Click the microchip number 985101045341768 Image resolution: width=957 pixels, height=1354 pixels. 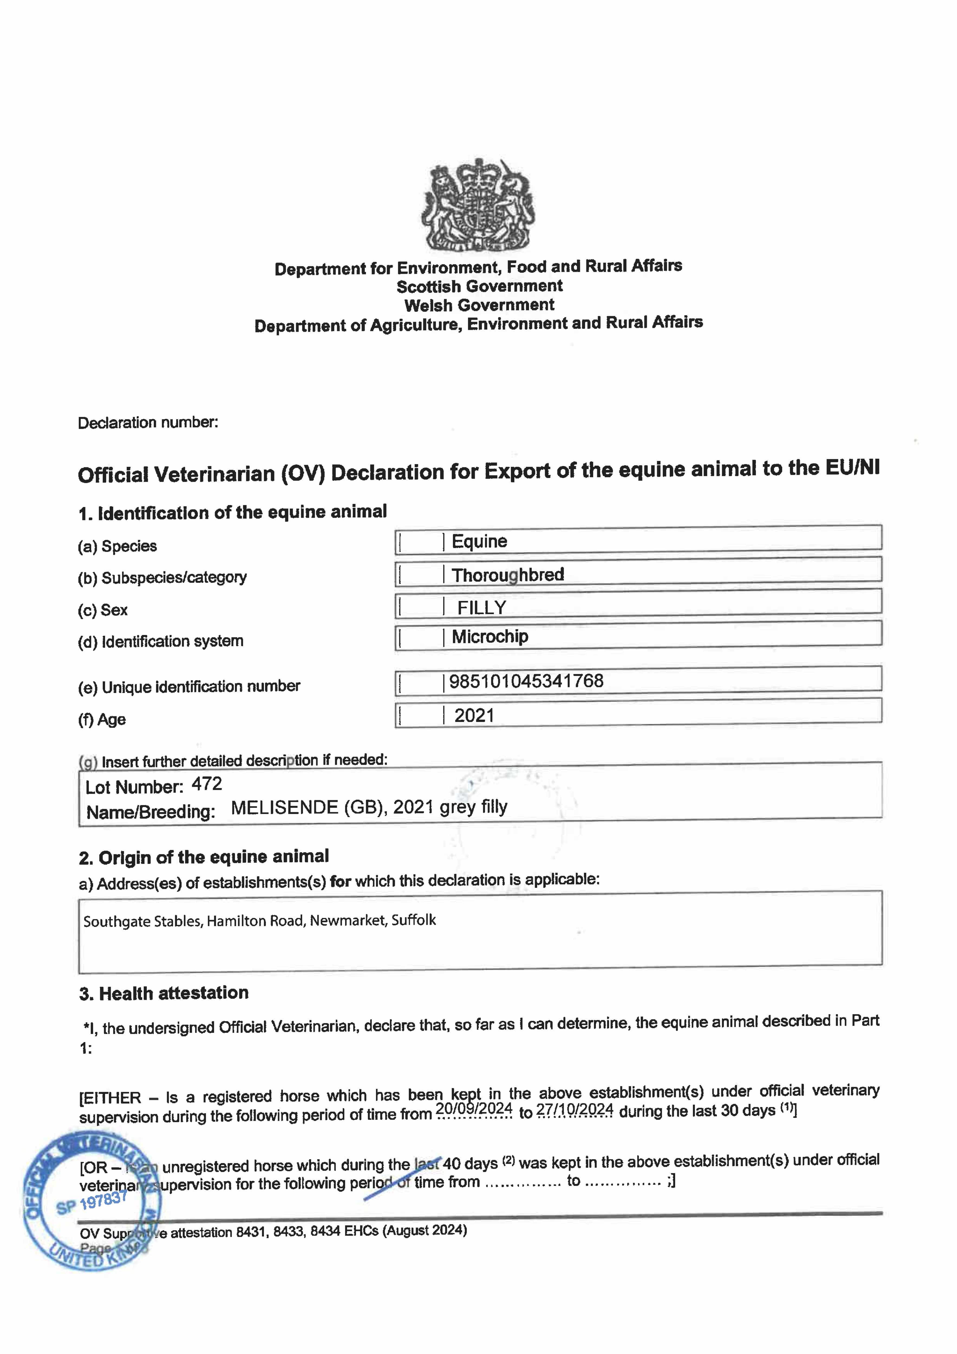[x=526, y=681]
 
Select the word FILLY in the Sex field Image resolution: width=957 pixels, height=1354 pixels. [x=482, y=607]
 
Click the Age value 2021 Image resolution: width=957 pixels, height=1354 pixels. [x=474, y=715]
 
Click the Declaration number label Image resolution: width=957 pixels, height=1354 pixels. [x=148, y=423]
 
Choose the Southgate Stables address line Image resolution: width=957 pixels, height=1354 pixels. [x=259, y=920]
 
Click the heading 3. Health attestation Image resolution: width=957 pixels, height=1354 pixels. [x=164, y=994]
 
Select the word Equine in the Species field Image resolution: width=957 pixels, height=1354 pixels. [x=479, y=541]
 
